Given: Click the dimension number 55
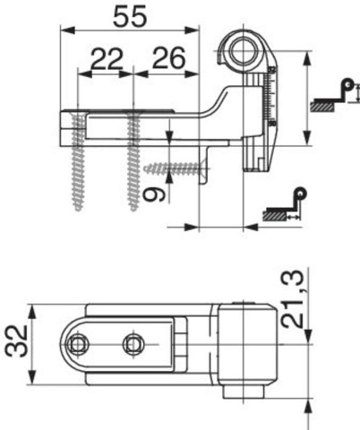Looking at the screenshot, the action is coord(130,17).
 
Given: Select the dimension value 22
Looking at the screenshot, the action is coord(107,58).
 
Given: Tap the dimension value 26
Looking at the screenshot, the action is coord(168,58).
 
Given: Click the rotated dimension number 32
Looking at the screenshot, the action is coord(17,341).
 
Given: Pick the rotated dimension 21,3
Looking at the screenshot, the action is coord(293,298).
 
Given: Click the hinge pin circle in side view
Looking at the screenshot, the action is coord(244,51).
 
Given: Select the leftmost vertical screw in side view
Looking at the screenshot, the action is coord(77,161).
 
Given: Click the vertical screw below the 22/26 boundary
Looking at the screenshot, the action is coord(133,161).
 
